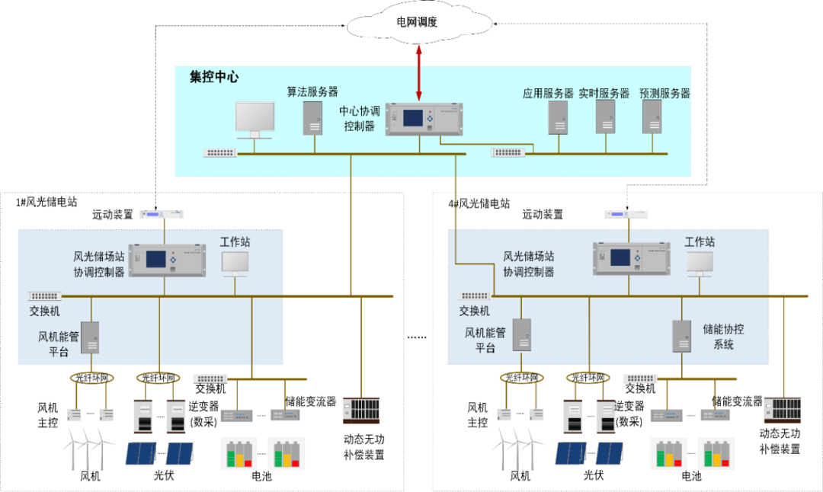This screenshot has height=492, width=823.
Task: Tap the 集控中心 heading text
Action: pyautogui.click(x=214, y=77)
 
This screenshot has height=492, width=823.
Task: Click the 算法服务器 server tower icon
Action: pyautogui.click(x=313, y=117)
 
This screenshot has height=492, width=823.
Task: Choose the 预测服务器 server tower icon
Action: pyautogui.click(x=652, y=117)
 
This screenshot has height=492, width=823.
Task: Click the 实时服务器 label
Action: pyautogui.click(x=604, y=94)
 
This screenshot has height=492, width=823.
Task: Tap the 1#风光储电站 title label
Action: pyautogui.click(x=47, y=202)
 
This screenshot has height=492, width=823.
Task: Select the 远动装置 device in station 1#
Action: pyautogui.click(x=164, y=215)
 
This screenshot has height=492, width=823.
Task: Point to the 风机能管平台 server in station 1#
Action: pyautogui.click(x=90, y=337)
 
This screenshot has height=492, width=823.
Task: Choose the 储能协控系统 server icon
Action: pyautogui.click(x=681, y=336)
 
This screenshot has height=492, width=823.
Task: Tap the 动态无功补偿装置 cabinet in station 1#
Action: pyautogui.click(x=361, y=411)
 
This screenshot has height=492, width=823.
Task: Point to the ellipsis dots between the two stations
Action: pyautogui.click(x=417, y=336)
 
